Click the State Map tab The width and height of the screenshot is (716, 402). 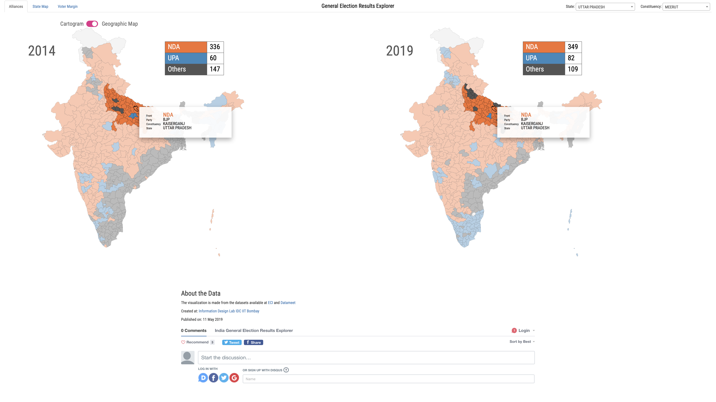pos(40,6)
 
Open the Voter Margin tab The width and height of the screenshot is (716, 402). pos(68,6)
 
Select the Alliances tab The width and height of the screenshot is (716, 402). pos(16,6)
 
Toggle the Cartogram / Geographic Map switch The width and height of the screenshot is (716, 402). pos(92,24)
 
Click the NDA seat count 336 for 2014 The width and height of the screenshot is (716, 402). pos(215,47)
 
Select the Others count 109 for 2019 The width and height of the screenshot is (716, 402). pos(573,69)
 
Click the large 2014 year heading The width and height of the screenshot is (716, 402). pos(42,51)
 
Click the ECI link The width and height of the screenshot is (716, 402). pos(270,303)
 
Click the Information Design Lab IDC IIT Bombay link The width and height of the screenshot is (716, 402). pos(229,311)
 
